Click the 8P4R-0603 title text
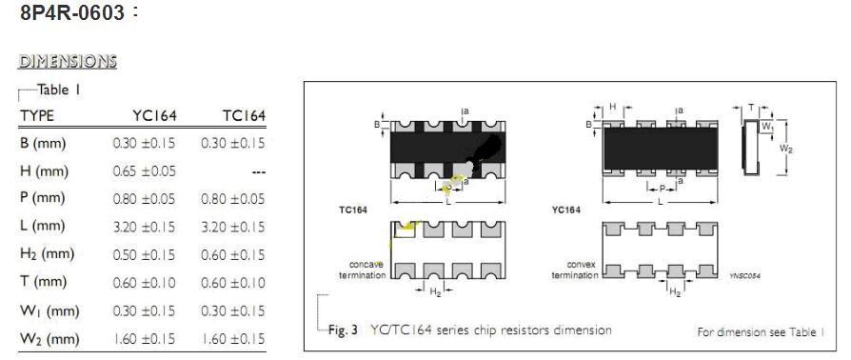pyautogui.click(x=72, y=12)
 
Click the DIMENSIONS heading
pyautogui.click(x=68, y=61)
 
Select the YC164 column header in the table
pyautogui.click(x=154, y=115)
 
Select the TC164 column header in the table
pyautogui.click(x=244, y=115)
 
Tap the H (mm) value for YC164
pyautogui.click(x=145, y=171)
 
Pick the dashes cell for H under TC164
pyautogui.click(x=259, y=172)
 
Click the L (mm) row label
pyautogui.click(x=42, y=227)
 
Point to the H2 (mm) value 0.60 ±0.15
pyautogui.click(x=233, y=254)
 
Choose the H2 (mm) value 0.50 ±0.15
pyautogui.click(x=145, y=254)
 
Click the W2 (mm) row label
pyautogui.click(x=49, y=339)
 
